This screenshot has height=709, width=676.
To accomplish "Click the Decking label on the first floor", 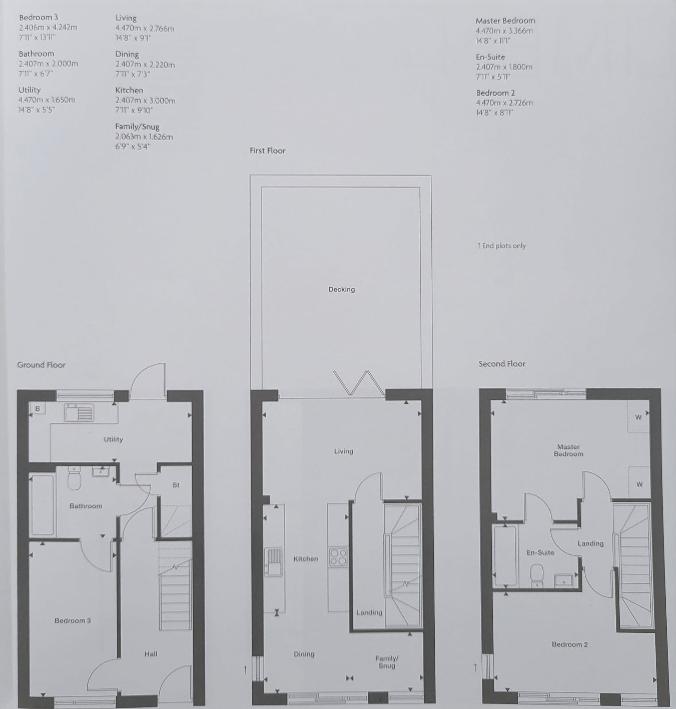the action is (341, 289).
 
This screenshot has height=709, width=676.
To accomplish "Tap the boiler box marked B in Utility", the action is (38, 409).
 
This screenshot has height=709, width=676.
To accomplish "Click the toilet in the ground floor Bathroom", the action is (74, 478).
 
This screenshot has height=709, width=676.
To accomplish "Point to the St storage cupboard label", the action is (176, 485).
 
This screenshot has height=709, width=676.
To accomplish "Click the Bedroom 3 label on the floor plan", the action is (73, 620).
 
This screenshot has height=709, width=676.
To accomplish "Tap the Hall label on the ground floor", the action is (151, 654).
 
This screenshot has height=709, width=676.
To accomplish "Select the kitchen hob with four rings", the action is (338, 557).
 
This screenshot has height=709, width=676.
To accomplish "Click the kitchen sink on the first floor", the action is (273, 562).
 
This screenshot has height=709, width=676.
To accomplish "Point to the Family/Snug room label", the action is (386, 662).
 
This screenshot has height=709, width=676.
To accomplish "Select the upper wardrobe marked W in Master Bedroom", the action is (638, 417).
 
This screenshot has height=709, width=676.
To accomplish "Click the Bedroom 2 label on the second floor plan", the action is (570, 644).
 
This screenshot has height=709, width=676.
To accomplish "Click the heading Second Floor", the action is (502, 364).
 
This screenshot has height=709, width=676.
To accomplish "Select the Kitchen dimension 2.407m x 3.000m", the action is (145, 101).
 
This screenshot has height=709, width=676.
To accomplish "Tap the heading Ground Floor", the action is (41, 365).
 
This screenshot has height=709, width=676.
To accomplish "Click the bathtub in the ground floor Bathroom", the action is (42, 505).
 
